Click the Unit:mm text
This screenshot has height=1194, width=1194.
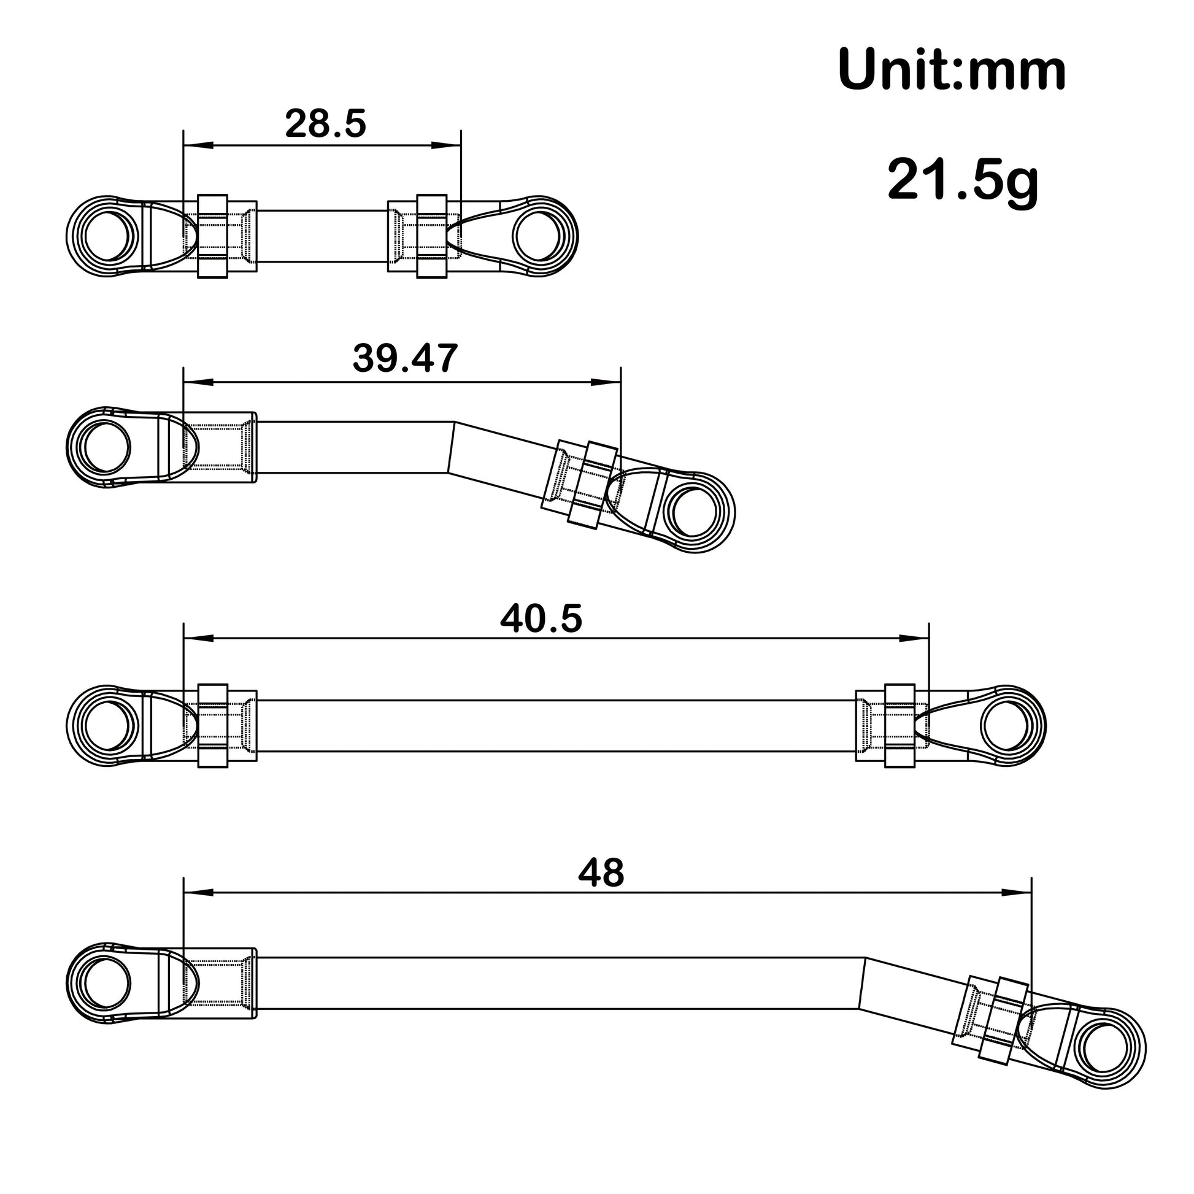[x=952, y=71]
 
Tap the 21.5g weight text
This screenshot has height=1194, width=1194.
[x=963, y=180]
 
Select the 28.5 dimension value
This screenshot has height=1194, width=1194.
[x=326, y=123]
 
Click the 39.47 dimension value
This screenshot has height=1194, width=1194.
[x=406, y=358]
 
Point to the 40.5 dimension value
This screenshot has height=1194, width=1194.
[x=541, y=618]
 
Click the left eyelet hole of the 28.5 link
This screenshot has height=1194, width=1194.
[x=107, y=237]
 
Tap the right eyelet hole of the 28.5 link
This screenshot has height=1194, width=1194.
[x=536, y=237]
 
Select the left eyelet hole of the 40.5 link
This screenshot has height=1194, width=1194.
[x=107, y=726]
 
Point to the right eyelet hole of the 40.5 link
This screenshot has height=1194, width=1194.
[x=1005, y=726]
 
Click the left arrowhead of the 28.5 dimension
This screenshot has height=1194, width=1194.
[x=198, y=145]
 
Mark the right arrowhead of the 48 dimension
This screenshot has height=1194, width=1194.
[x=1017, y=892]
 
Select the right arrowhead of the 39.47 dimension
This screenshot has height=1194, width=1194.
[x=606, y=382]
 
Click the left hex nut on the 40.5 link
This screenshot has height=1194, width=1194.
[x=212, y=726]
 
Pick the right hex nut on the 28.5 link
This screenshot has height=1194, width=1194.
[x=431, y=237]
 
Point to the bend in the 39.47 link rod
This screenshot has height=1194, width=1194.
[x=451, y=447]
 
